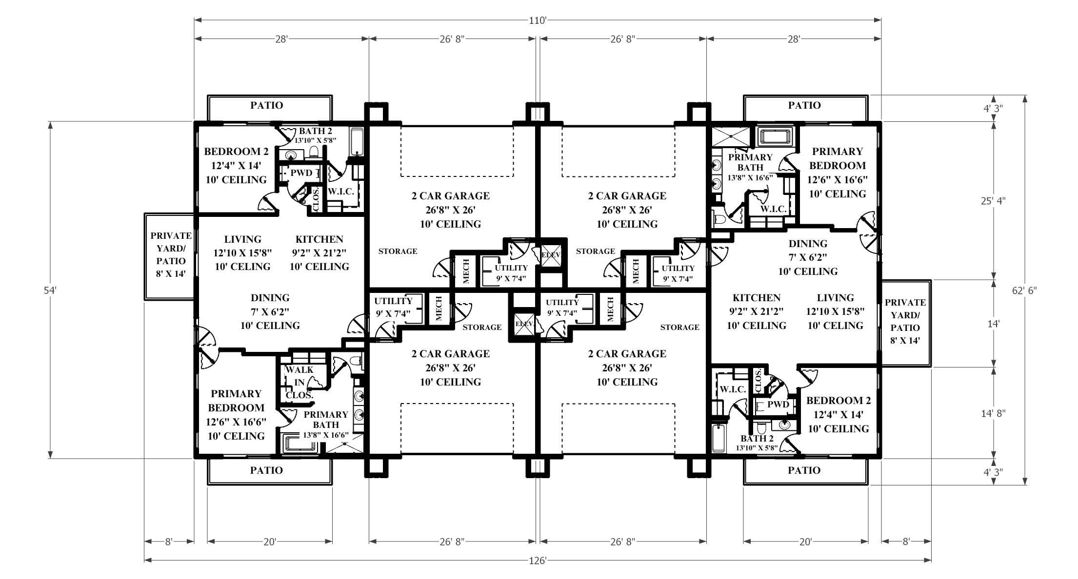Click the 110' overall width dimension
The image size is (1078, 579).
pyautogui.click(x=538, y=20)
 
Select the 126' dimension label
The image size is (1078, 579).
pyautogui.click(x=538, y=560)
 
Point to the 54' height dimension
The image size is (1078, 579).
pyautogui.click(x=50, y=290)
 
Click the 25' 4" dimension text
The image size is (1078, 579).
pyautogui.click(x=994, y=200)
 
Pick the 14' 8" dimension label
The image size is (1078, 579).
pyautogui.click(x=994, y=414)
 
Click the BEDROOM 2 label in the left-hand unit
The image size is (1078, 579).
pyautogui.click(x=236, y=151)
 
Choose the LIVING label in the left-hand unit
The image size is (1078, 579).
pyautogui.click(x=243, y=239)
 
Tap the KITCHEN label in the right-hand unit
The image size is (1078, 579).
pyautogui.click(x=757, y=298)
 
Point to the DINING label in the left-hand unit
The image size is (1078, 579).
pyautogui.click(x=270, y=298)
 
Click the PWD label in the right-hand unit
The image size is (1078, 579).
pyautogui.click(x=778, y=405)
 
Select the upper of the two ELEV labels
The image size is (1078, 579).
pyautogui.click(x=551, y=254)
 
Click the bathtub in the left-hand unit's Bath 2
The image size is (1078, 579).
pyautogui.click(x=357, y=142)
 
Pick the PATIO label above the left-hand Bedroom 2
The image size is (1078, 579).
pyautogui.click(x=267, y=105)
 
